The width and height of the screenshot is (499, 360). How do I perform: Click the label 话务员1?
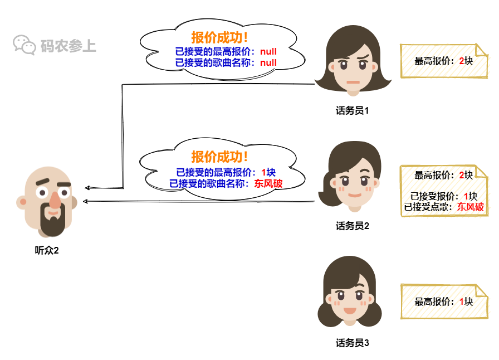(x=353, y=110)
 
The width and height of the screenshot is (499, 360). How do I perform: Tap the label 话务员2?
(x=353, y=226)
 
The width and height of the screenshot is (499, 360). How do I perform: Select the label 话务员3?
(x=353, y=343)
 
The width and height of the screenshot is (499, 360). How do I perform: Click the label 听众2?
(x=47, y=250)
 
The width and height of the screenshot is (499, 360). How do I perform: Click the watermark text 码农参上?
(x=69, y=46)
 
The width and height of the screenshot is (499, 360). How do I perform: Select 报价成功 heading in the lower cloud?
(x=220, y=157)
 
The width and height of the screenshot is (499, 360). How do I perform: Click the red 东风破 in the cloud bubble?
(x=268, y=183)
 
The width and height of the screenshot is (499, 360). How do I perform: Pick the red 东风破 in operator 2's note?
(x=471, y=207)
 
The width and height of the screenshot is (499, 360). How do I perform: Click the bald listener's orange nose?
(x=54, y=204)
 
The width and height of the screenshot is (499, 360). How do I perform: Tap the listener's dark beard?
(x=52, y=223)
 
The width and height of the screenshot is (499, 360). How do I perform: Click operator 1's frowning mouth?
(x=353, y=82)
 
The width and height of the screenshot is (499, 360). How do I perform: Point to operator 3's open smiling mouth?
(x=349, y=310)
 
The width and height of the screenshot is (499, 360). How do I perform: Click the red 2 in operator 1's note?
(x=462, y=61)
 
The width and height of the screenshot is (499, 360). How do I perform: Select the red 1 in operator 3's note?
(x=462, y=301)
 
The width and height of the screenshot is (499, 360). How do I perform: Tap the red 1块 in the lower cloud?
(x=268, y=173)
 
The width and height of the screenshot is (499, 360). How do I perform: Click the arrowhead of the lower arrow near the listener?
(x=85, y=201)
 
